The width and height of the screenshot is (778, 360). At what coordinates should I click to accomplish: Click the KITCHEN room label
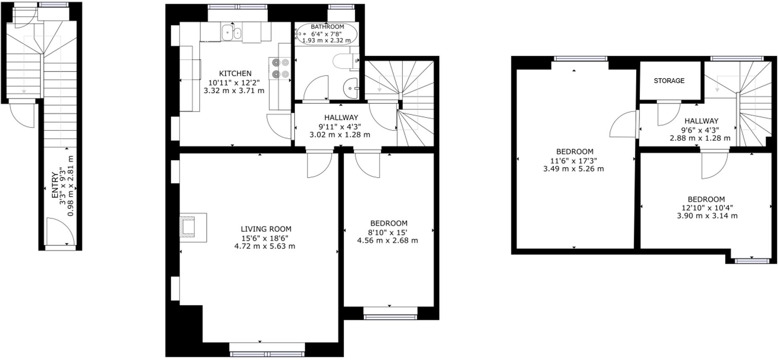tap(235, 73)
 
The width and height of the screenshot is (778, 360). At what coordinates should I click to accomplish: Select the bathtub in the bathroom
tap(327, 34)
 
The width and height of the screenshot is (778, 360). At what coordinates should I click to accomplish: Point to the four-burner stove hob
tap(280, 68)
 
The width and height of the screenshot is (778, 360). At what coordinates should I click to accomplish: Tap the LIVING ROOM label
tap(266, 229)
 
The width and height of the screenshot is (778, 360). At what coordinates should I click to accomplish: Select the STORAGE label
tap(669, 80)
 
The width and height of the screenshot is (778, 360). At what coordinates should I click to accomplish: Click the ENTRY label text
tap(55, 185)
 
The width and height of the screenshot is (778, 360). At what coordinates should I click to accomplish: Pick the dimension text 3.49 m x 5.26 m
tap(573, 169)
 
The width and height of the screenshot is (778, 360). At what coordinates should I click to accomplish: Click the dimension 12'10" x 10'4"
tap(707, 208)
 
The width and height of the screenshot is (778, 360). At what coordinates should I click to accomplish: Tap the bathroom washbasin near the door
tap(350, 88)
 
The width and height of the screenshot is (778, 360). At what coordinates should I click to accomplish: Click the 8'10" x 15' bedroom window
tap(390, 317)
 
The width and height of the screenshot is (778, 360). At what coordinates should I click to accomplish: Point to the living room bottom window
tap(267, 354)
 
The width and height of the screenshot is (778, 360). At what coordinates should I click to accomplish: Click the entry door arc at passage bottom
tap(57, 231)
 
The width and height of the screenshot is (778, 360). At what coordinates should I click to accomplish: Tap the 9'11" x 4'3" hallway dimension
tap(340, 127)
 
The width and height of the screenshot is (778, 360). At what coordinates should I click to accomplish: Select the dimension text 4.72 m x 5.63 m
tap(265, 246)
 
